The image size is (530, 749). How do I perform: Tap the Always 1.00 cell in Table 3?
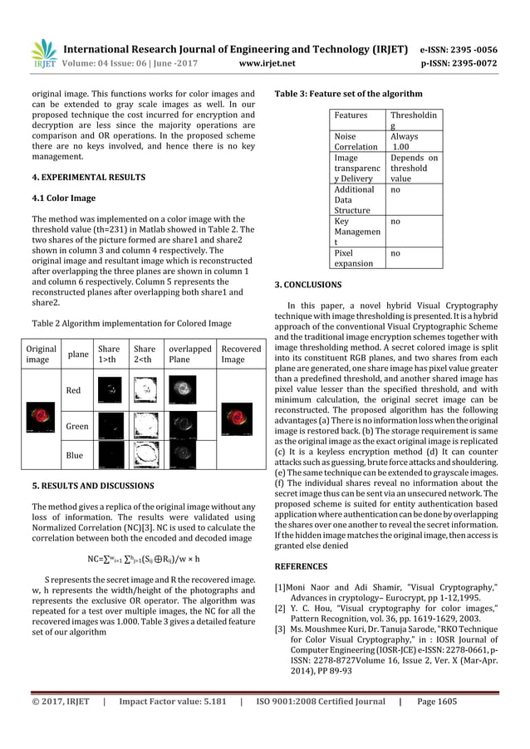click(x=405, y=140)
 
